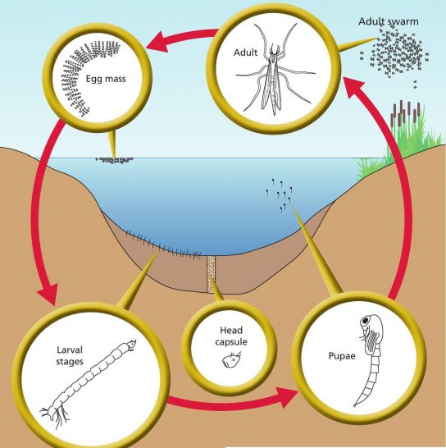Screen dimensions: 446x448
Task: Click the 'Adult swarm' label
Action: point(389,21)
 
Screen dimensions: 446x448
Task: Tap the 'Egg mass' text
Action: point(106,79)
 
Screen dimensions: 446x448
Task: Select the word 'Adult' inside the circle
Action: point(245,53)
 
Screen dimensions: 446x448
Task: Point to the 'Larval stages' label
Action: point(70,356)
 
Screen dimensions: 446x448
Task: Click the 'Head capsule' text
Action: point(231,336)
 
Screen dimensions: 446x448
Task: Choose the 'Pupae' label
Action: point(342,356)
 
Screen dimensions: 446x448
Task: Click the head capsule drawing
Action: point(231,360)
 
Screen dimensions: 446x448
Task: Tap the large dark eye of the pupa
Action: point(365,321)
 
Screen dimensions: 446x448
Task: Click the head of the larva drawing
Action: point(131,345)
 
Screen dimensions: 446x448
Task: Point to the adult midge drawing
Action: point(274,70)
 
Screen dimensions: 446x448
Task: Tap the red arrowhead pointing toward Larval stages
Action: point(48,294)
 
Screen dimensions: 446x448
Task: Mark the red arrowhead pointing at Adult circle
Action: point(354,87)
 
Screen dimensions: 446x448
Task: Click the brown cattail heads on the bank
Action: point(406,113)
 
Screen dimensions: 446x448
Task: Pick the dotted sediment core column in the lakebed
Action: point(211,274)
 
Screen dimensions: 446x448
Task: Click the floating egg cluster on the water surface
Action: point(114,160)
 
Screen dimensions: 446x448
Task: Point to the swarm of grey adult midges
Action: point(395,53)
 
